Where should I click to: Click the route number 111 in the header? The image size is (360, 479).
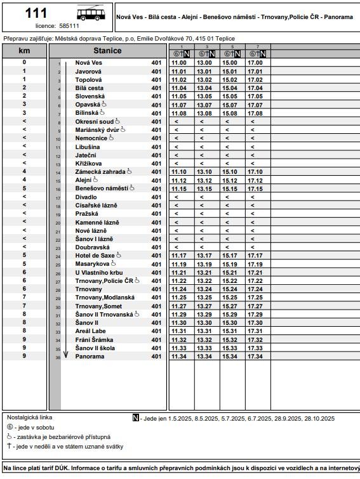click(x=35, y=13)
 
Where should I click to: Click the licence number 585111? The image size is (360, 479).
click(x=69, y=26)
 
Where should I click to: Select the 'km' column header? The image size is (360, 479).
click(x=24, y=51)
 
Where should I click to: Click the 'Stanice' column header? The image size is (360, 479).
click(x=107, y=51)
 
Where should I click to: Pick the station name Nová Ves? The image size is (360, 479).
click(x=88, y=63)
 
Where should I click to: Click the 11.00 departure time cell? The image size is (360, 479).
click(x=179, y=63)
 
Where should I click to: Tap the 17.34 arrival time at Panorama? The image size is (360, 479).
click(x=255, y=356)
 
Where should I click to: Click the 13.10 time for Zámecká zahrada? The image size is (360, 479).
click(x=204, y=172)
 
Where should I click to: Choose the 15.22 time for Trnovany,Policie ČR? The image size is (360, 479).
click(x=230, y=280)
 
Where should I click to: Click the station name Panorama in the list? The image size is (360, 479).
click(x=90, y=356)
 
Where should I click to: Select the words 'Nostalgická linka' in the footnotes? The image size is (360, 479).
click(x=30, y=418)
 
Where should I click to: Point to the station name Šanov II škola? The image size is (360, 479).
click(x=95, y=348)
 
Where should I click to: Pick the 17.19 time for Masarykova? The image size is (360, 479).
click(x=255, y=264)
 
